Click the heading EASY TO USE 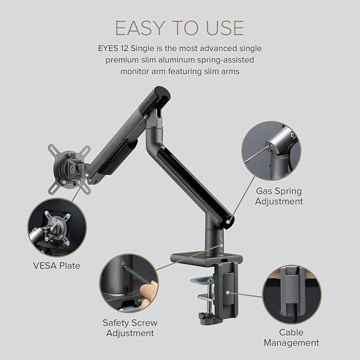point(180,28)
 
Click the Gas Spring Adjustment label point(279,196)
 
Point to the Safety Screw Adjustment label point(130,328)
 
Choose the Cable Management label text point(292,337)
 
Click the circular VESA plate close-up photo point(56,226)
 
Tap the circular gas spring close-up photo point(270,150)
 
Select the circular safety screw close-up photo point(129,283)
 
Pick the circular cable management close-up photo point(292,295)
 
